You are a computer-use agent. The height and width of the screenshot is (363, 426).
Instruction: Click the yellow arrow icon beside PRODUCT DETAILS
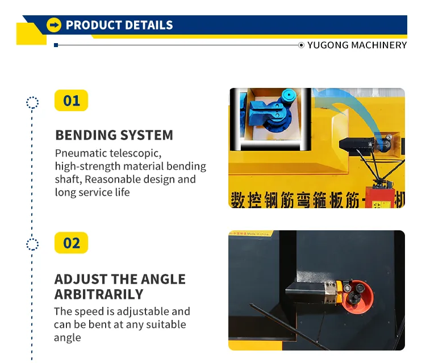coord(54,25)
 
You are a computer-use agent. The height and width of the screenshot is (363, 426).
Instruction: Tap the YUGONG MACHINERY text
coord(357,45)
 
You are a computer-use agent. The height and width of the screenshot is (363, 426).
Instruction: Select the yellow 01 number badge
coord(72,101)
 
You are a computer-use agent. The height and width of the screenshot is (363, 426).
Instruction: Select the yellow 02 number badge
coord(72,243)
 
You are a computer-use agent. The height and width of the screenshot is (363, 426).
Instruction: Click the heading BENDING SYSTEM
coord(114,135)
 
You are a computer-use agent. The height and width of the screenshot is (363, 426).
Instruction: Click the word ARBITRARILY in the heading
coord(99,294)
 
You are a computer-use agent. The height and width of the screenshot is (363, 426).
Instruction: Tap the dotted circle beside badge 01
coord(32,103)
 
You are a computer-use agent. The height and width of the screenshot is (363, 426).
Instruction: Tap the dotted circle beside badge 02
coord(32,244)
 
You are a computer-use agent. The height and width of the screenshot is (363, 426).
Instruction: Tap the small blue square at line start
coord(56,45)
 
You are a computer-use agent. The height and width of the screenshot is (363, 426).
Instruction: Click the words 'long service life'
coord(92,192)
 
